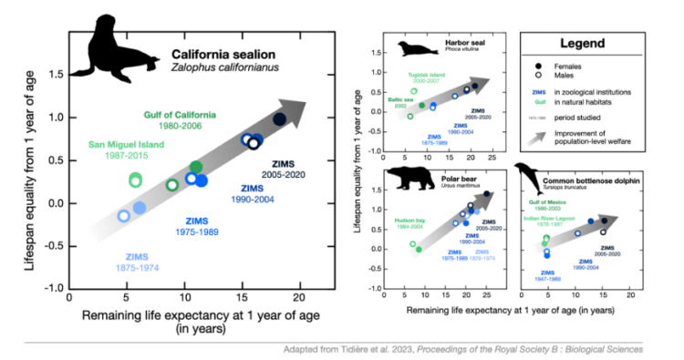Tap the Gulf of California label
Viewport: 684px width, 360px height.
point(181,115)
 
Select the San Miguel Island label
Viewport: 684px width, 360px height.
point(121,145)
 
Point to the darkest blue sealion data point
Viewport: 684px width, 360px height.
point(280,119)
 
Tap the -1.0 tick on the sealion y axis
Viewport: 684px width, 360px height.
point(54,286)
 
